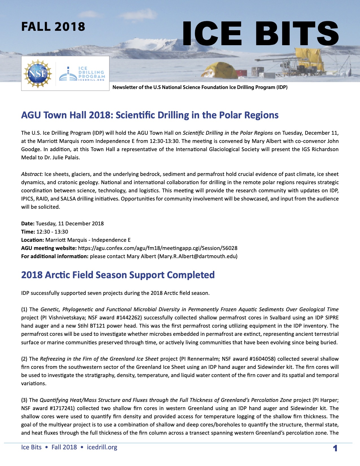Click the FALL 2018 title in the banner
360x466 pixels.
pyautogui.click(x=53, y=27)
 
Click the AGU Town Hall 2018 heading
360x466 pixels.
pyautogui.click(x=150, y=115)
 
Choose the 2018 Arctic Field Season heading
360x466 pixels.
pyautogui.click(x=118, y=275)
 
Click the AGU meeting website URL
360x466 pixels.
pyautogui.click(x=158, y=248)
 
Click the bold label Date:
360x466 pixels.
pyautogui.click(x=28, y=224)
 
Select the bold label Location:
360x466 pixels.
pyautogui.click(x=32, y=240)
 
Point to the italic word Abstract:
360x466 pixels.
pyautogui.click(x=32, y=174)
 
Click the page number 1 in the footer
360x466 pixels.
pyautogui.click(x=335, y=448)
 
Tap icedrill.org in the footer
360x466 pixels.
pyautogui.click(x=102, y=447)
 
